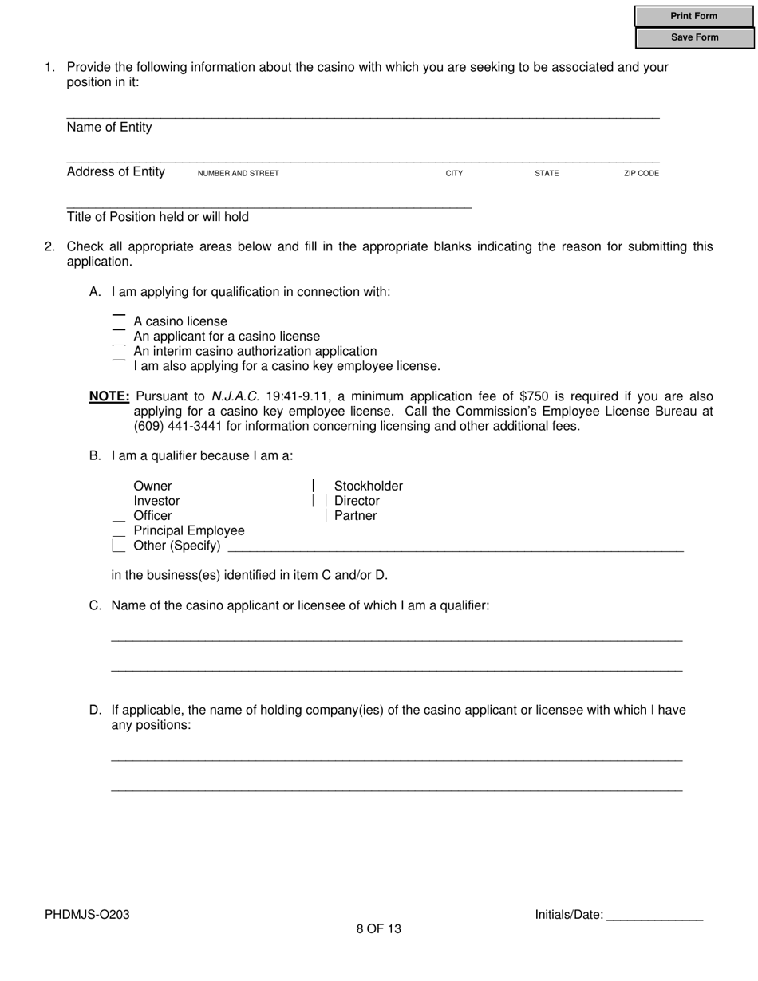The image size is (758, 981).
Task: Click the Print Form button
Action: [693, 16]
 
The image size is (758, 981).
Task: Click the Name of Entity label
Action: [109, 128]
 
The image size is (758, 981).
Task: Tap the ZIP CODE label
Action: [641, 173]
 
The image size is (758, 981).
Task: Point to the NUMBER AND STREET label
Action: [238, 173]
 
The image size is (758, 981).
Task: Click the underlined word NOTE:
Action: [109, 396]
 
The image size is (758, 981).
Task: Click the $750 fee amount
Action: [534, 396]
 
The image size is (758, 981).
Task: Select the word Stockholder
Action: [368, 486]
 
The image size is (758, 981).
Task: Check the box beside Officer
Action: [119, 516]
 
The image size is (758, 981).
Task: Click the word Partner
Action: [355, 516]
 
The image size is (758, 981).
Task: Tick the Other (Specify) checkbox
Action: [119, 546]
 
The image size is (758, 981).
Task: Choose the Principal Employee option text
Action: [189, 530]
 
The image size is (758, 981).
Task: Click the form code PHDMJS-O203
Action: [87, 915]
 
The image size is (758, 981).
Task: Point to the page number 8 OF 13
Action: [379, 928]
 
